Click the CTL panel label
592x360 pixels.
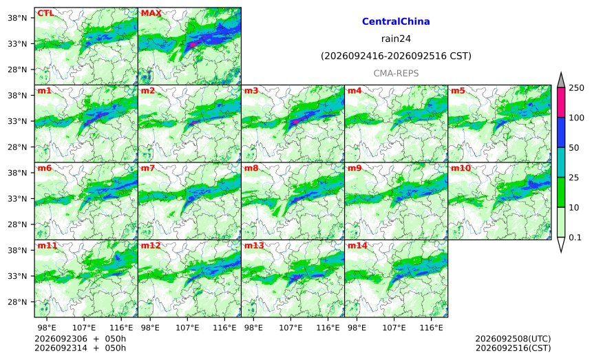pyautogui.click(x=45, y=13)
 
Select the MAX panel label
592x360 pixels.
pyautogui.click(x=151, y=13)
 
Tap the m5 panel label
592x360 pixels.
pyautogui.click(x=458, y=91)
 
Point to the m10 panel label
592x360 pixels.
pyautogui.click(x=461, y=168)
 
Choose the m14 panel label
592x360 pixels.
pyautogui.click(x=357, y=246)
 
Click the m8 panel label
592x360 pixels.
pyautogui.click(x=251, y=168)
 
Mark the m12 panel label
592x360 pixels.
pyautogui.click(x=151, y=246)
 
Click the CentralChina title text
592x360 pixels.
pyautogui.click(x=396, y=21)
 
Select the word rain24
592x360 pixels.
pyautogui.click(x=396, y=39)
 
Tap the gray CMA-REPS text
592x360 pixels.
pyautogui.click(x=396, y=73)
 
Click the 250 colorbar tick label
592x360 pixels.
pyautogui.click(x=577, y=88)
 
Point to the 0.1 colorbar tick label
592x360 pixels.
pyautogui.click(x=575, y=237)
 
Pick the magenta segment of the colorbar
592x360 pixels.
pyautogui.click(x=561, y=103)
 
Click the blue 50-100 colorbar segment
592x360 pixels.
pyautogui.click(x=561, y=132)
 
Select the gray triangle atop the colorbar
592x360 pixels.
pyautogui.click(x=561, y=81)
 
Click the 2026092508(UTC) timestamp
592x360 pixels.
pyautogui.click(x=513, y=339)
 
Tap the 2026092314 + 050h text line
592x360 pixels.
pyautogui.click(x=80, y=348)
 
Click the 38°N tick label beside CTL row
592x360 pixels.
pyautogui.click(x=17, y=18)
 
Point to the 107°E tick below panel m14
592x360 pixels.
pyautogui.click(x=394, y=328)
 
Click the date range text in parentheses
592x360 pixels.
pyautogui.click(x=396, y=56)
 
